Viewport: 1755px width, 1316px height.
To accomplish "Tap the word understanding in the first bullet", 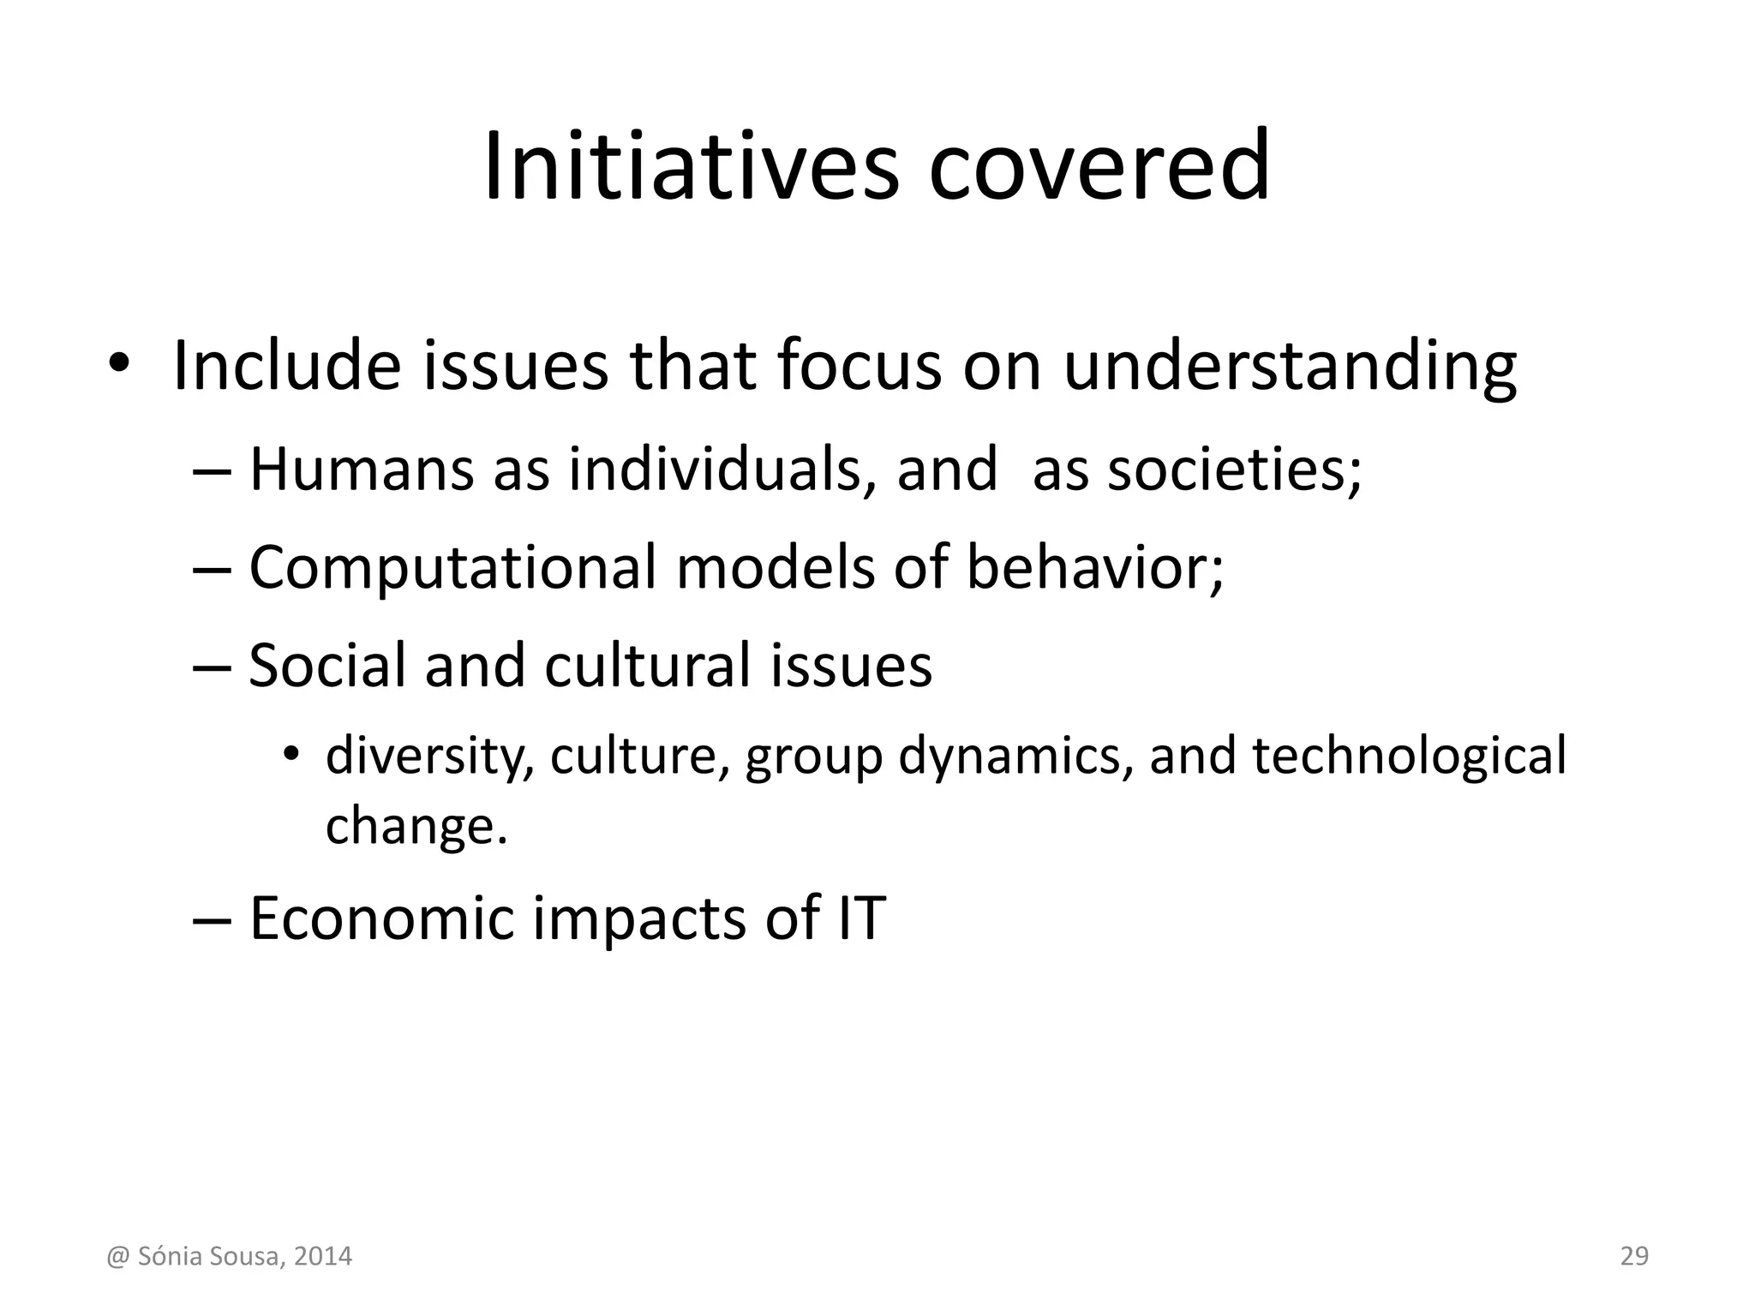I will [x=1290, y=367].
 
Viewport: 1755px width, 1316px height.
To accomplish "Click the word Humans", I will [x=361, y=470].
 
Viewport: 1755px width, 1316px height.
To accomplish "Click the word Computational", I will [x=452, y=567].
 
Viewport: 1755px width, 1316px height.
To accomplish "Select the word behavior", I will [x=1093, y=567].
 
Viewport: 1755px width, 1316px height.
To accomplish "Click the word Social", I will [x=327, y=666].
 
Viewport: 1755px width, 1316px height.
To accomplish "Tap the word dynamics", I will [x=1015, y=756].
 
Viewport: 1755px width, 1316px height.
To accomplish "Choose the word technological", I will [x=1409, y=756].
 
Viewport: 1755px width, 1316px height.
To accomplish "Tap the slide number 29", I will [x=1634, y=1256].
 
